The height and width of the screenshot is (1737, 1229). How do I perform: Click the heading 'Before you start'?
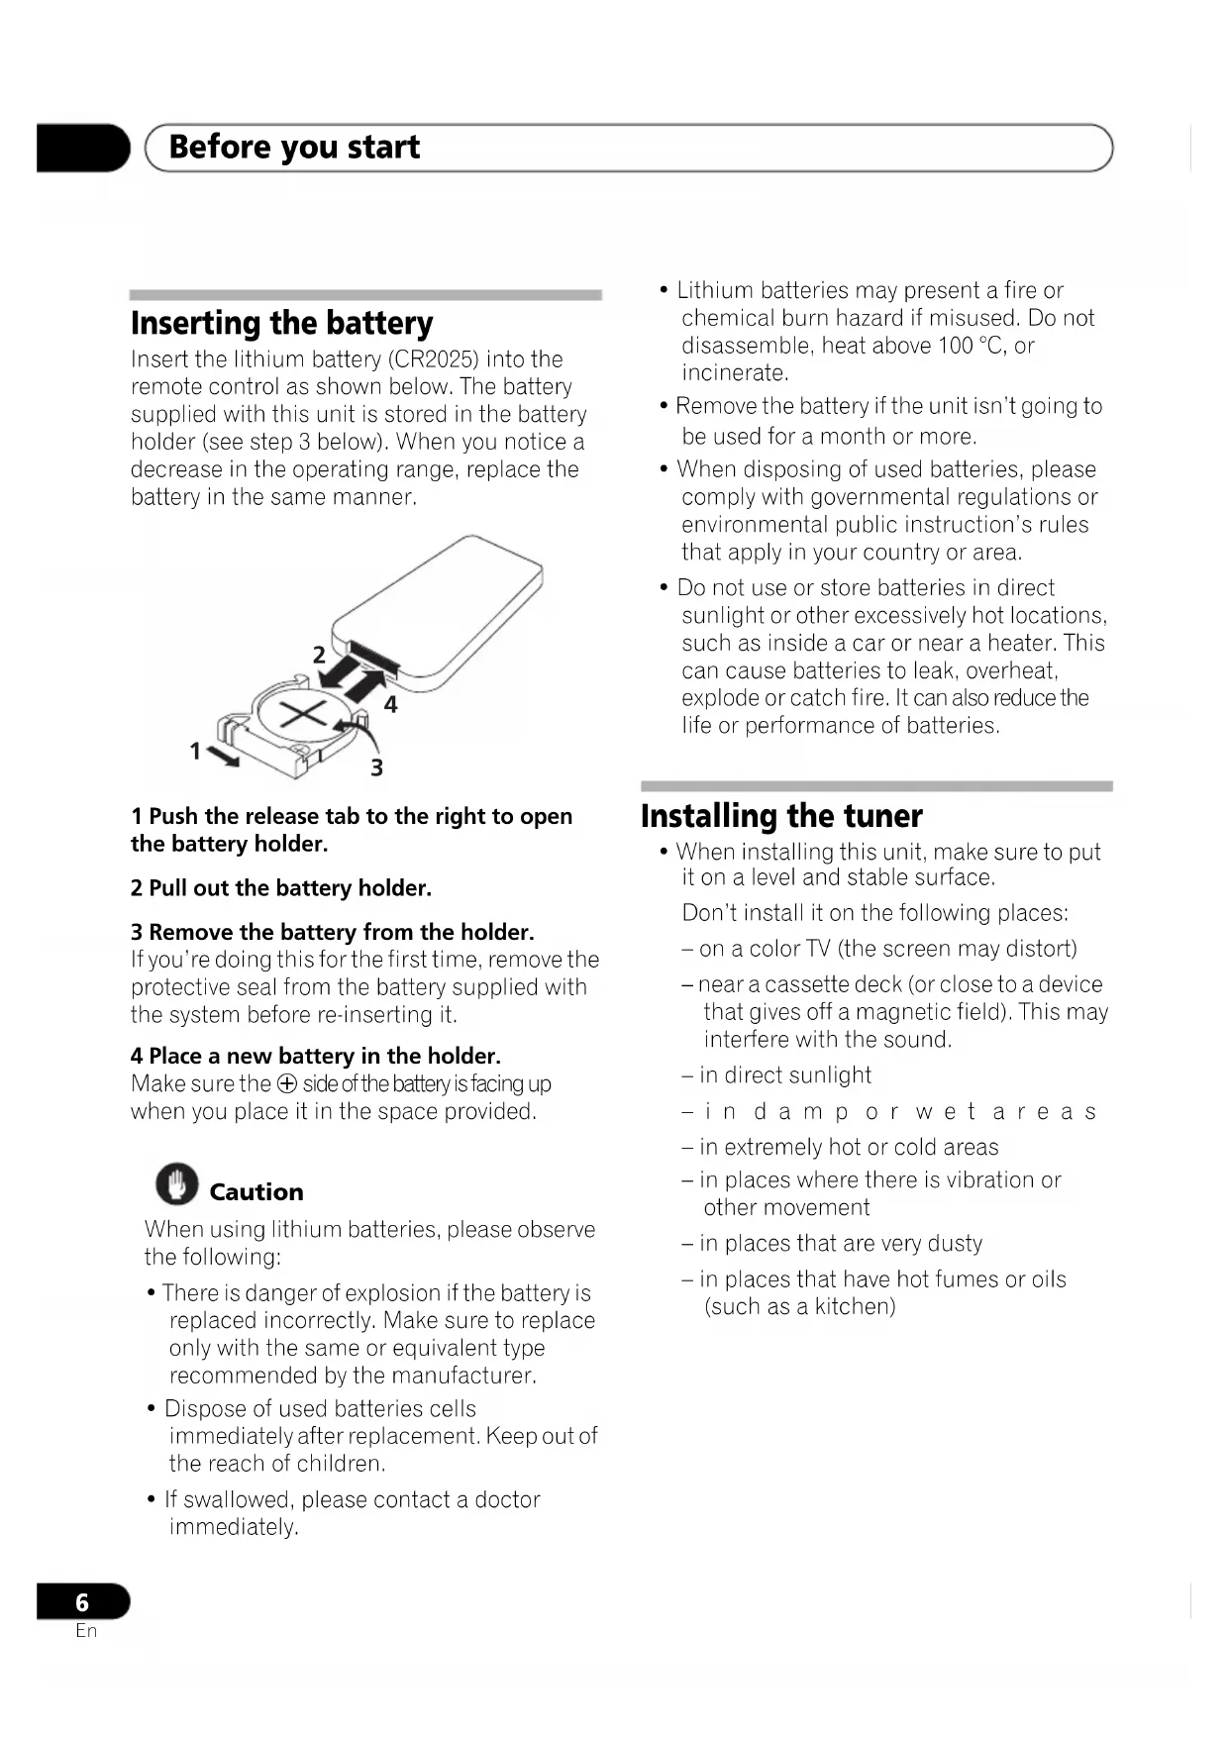294,148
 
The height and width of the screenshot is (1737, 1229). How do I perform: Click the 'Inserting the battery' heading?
282,324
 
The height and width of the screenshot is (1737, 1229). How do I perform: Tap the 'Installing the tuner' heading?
781,816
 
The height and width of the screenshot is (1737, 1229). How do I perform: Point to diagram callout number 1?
195,752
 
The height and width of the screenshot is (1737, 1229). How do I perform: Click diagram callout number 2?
319,655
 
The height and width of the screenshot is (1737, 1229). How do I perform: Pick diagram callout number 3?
376,767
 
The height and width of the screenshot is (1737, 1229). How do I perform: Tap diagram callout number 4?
391,704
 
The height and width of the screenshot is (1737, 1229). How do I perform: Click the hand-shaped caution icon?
176,1183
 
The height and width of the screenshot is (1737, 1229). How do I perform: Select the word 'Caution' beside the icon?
256,1192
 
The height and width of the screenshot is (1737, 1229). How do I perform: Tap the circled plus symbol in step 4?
286,1084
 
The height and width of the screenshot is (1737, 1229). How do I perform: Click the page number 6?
82,1602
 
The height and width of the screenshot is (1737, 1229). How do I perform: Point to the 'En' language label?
86,1631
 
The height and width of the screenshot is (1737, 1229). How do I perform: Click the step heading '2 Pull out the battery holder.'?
281,888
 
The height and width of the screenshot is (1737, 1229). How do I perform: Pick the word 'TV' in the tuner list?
817,949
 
